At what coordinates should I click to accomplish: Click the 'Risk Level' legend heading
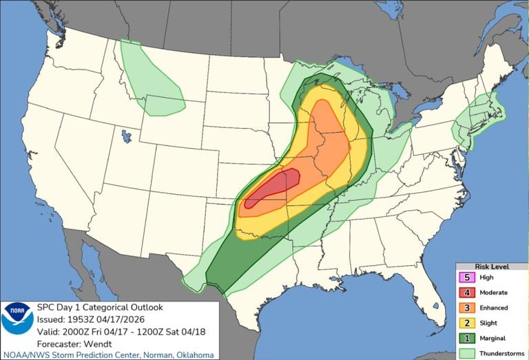click(x=490, y=266)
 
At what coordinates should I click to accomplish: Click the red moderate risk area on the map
click(x=276, y=187)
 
